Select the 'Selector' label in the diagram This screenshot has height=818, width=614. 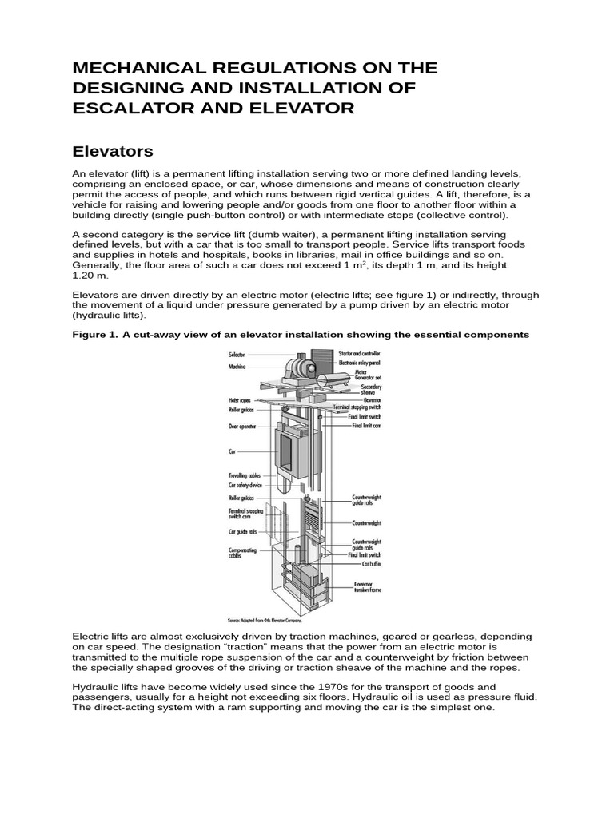(x=237, y=353)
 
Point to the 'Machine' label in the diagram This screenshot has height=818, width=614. (x=237, y=366)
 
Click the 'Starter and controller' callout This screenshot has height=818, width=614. (x=359, y=352)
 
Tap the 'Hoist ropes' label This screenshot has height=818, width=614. (x=240, y=399)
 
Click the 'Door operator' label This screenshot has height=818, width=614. (x=242, y=427)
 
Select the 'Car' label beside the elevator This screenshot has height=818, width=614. (x=233, y=451)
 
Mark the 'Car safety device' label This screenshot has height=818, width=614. (x=245, y=485)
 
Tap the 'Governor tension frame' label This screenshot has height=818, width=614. (x=368, y=587)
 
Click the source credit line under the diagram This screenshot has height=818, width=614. (x=268, y=619)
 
